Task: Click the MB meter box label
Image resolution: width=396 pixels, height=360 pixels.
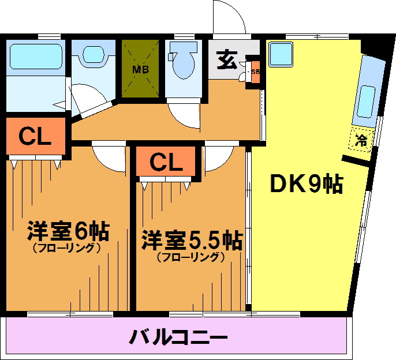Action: click(141, 69)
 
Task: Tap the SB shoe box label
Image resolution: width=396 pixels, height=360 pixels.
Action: click(255, 72)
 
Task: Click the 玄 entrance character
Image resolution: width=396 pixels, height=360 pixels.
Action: click(227, 61)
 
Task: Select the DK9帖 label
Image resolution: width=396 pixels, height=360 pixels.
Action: click(307, 183)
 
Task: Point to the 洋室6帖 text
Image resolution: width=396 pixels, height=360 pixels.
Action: click(68, 231)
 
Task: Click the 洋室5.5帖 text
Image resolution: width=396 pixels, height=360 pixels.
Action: click(192, 239)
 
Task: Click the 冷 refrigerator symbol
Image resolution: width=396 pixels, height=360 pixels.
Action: click(361, 140)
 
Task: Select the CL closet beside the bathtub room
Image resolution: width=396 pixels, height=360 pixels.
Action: click(35, 136)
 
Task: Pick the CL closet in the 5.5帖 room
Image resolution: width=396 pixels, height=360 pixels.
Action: click(166, 162)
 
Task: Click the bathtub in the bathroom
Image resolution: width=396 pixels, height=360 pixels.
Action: click(36, 56)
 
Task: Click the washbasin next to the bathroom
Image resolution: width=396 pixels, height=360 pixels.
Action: click(94, 54)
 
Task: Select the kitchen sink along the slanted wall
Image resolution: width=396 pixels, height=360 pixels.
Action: click(365, 102)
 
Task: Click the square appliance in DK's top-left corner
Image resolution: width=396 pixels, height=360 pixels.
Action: click(281, 55)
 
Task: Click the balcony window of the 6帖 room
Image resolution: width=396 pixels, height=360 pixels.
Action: click(70, 314)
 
